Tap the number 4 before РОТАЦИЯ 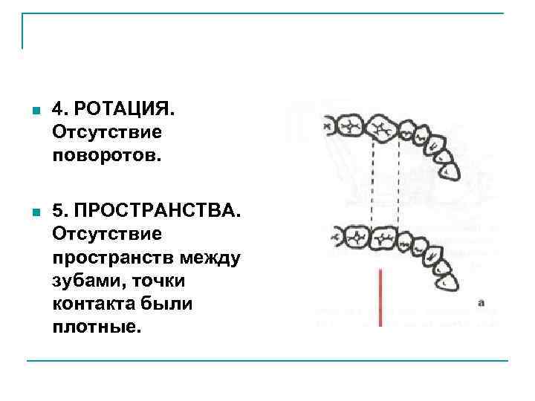click(x=59, y=110)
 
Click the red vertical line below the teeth click(x=380, y=297)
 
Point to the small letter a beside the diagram click(x=481, y=302)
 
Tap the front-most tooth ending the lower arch click(x=449, y=281)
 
